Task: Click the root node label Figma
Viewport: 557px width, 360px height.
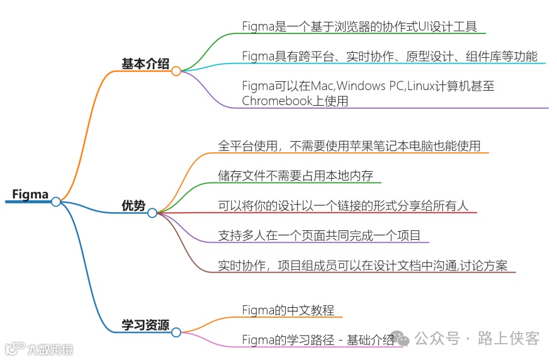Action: tap(30, 194)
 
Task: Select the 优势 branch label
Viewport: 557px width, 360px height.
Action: tap(133, 205)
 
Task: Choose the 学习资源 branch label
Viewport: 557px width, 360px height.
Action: tap(145, 325)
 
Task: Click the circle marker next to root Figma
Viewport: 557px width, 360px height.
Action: tap(56, 201)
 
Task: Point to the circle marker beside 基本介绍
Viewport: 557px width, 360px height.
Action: tap(176, 71)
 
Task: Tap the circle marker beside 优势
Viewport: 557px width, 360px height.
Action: tap(152, 213)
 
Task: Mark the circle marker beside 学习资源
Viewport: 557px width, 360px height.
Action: tap(176, 332)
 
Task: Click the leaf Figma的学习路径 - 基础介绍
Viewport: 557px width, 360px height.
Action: tap(318, 340)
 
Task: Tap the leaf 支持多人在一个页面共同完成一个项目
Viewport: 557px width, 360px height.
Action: tap(319, 235)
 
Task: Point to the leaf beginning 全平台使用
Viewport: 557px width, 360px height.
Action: tap(349, 146)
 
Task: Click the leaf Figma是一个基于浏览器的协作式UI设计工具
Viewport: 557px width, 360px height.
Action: tap(359, 26)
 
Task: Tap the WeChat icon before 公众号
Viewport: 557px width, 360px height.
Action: tap(403, 339)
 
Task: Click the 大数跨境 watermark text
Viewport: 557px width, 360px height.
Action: tap(50, 348)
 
